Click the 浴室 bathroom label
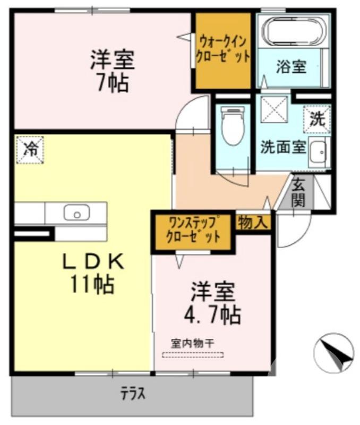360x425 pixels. pos(290,67)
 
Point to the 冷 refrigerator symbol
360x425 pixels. pos(30,149)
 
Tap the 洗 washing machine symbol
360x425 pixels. pos(317,118)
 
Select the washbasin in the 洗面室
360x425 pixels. pos(319,154)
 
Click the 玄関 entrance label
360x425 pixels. pos(299,192)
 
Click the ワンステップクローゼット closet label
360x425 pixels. pos(193,229)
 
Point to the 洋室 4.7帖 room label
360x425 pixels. pos(212,304)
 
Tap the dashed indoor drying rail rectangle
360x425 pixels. pos(193,355)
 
